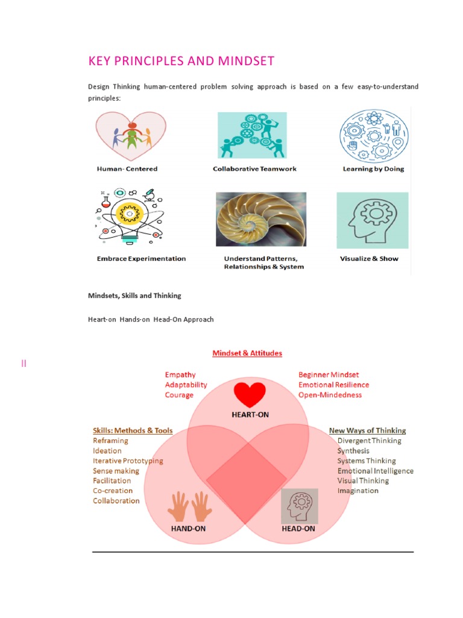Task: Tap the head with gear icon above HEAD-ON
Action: pyautogui.click(x=300, y=506)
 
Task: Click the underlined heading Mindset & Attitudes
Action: pyautogui.click(x=247, y=353)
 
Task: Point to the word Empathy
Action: pyautogui.click(x=180, y=375)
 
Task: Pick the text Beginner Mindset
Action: pyautogui.click(x=329, y=375)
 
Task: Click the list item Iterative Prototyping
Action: pyautogui.click(x=128, y=460)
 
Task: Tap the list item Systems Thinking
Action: pyautogui.click(x=367, y=460)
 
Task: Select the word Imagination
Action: pyautogui.click(x=358, y=491)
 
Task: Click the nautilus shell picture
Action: pyautogui.click(x=261, y=219)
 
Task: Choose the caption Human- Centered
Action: pyautogui.click(x=127, y=169)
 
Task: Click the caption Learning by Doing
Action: pyautogui.click(x=373, y=169)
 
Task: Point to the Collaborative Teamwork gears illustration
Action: pyautogui.click(x=252, y=135)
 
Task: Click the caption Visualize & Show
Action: pyautogui.click(x=369, y=258)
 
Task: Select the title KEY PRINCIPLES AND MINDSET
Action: pyautogui.click(x=181, y=61)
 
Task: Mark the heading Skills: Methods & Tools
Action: pyautogui.click(x=133, y=430)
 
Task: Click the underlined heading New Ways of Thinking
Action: pyautogui.click(x=367, y=430)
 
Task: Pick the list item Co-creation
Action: pyautogui.click(x=113, y=491)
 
